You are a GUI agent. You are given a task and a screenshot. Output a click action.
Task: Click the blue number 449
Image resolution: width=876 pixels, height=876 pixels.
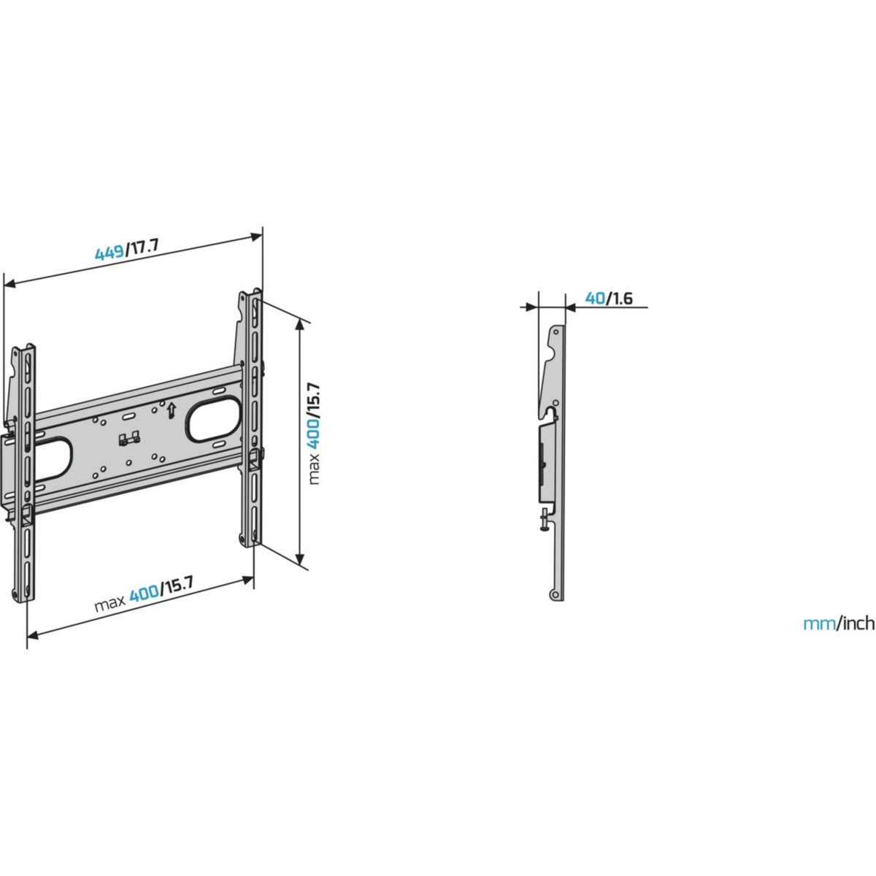(x=109, y=253)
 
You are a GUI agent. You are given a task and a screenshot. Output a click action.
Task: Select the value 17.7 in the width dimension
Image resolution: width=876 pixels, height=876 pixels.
(x=142, y=246)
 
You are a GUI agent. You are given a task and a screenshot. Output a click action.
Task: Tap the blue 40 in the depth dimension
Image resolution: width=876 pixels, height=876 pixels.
(x=595, y=298)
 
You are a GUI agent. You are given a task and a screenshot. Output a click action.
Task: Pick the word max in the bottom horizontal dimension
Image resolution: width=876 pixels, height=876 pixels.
(x=109, y=605)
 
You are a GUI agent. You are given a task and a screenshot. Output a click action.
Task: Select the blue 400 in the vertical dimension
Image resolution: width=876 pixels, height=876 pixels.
(x=313, y=433)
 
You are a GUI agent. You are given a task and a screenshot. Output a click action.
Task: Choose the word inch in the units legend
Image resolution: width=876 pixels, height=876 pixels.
(x=856, y=623)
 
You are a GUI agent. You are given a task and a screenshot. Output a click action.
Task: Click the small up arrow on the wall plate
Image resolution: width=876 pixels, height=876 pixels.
(x=170, y=410)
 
